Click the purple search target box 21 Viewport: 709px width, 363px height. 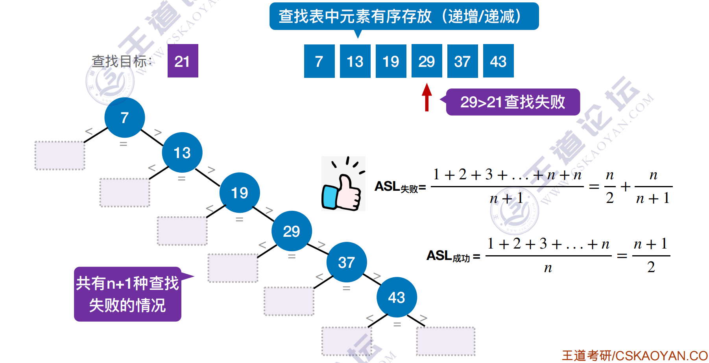click(x=183, y=61)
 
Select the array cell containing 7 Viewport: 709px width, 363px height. click(x=319, y=61)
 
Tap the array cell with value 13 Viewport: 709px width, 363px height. click(x=355, y=61)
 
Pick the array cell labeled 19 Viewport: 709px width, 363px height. click(x=391, y=61)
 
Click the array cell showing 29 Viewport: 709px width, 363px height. click(x=427, y=61)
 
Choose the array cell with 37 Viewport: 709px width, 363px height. click(x=462, y=61)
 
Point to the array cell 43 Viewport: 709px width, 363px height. click(x=498, y=61)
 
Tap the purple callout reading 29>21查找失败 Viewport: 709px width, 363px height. click(x=512, y=102)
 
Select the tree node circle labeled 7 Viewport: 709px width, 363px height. click(x=125, y=117)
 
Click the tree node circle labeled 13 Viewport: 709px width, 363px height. click(x=182, y=153)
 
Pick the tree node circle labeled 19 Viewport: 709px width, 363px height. click(x=240, y=193)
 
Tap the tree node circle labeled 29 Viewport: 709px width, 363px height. click(x=292, y=231)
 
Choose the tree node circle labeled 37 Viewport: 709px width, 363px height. click(x=347, y=262)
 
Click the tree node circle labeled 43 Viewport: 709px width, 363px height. click(x=397, y=297)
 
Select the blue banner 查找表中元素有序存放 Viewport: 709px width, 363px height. click(x=404, y=17)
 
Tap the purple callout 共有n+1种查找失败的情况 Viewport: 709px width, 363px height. click(x=127, y=294)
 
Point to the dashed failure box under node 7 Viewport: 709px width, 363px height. click(x=60, y=155)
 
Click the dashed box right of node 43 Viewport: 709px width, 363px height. click(x=445, y=341)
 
